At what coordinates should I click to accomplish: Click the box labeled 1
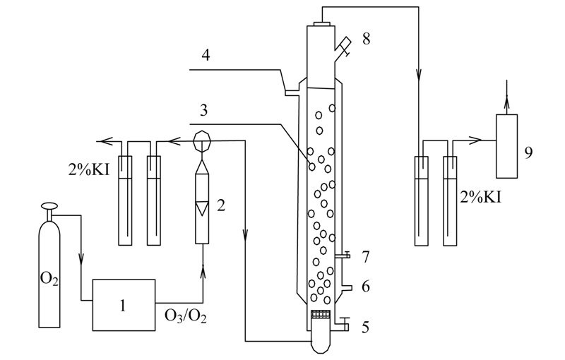click(124, 305)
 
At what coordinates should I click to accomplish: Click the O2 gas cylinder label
click(49, 278)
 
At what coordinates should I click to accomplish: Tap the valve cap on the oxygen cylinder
click(49, 206)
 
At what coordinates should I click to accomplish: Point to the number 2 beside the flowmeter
click(221, 205)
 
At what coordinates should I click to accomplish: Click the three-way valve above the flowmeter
click(202, 140)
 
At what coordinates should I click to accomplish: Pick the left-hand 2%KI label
click(89, 169)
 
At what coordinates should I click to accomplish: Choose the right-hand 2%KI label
click(481, 197)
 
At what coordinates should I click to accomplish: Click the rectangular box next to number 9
click(506, 146)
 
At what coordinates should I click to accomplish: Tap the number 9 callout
click(528, 152)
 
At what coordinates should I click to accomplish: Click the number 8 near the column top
click(366, 39)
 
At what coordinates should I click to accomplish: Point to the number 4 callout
click(206, 55)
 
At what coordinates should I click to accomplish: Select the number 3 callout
click(204, 110)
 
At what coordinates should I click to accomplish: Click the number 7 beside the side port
click(366, 257)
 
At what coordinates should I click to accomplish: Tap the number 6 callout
click(366, 287)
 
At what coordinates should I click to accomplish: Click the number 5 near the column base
click(365, 328)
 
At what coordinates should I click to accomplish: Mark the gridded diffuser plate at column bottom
click(321, 314)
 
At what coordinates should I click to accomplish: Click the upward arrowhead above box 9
click(506, 100)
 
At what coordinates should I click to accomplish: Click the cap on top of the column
click(322, 24)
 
